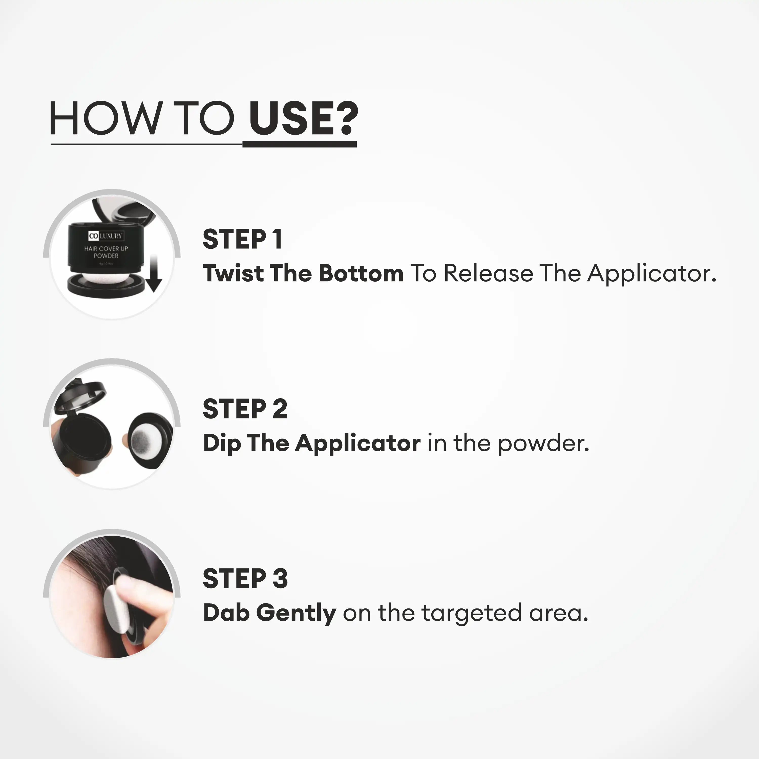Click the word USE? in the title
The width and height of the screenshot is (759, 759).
coord(303,118)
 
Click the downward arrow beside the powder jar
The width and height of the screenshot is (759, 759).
coord(154,273)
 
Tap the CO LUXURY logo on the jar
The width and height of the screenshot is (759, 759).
coord(106,236)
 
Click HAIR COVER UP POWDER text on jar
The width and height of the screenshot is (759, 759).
coord(106,252)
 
